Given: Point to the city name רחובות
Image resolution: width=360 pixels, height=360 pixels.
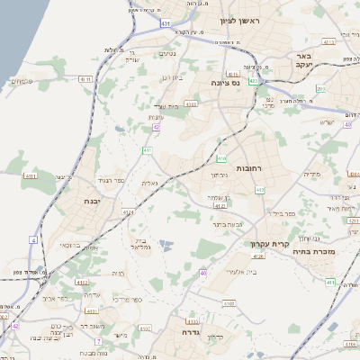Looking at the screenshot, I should pos(248,168).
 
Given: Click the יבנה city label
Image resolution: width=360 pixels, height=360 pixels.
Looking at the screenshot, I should pos(91,201).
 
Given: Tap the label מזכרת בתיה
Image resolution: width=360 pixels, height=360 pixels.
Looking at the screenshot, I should pos(314,252).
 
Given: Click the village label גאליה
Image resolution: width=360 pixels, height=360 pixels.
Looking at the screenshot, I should pos(149,183).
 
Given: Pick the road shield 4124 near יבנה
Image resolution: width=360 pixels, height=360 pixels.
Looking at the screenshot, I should pos(129,212).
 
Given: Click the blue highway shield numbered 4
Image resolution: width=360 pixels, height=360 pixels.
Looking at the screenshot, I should pos(33,240).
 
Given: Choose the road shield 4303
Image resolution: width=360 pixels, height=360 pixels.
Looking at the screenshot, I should pos(191,104).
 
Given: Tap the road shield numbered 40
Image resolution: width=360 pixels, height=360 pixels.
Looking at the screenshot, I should pos(203,273).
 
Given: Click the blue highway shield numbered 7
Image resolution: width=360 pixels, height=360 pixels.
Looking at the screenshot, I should pos(97,342).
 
